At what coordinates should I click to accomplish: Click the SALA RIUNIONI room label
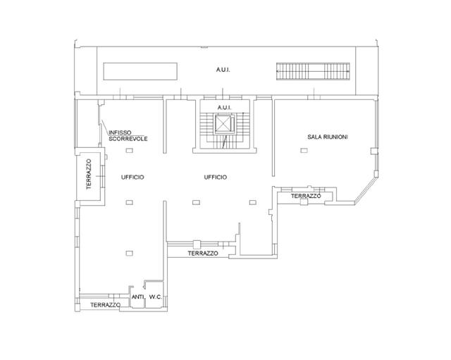pos(328,137)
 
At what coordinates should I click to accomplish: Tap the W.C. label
pos(156,297)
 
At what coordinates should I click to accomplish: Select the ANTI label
pos(138,297)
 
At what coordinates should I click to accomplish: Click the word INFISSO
pos(120,132)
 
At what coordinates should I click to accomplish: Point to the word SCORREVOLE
pos(128,139)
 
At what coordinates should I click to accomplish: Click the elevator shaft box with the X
pos(224,124)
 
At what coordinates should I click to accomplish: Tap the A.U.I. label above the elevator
pos(224,108)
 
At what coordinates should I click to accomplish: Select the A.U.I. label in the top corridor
pos(223,70)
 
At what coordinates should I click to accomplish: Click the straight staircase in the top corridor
pos(313,71)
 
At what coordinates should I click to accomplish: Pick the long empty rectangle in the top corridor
pos(140,71)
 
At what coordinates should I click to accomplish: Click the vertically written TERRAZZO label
pos(89,174)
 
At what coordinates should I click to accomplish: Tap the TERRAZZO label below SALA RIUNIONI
pos(306,196)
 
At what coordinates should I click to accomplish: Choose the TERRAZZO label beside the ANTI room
pos(106,305)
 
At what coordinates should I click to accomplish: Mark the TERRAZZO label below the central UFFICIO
pos(203,254)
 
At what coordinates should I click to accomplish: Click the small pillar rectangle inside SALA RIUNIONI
pos(304,150)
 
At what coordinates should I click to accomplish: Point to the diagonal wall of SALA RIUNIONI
pos(366,189)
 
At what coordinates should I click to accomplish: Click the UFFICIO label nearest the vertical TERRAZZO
pos(132,177)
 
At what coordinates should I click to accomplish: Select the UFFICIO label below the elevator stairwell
pos(216,177)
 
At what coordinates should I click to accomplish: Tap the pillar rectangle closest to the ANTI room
pos(130,253)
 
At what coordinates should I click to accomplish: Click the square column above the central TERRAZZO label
pos(197,244)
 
